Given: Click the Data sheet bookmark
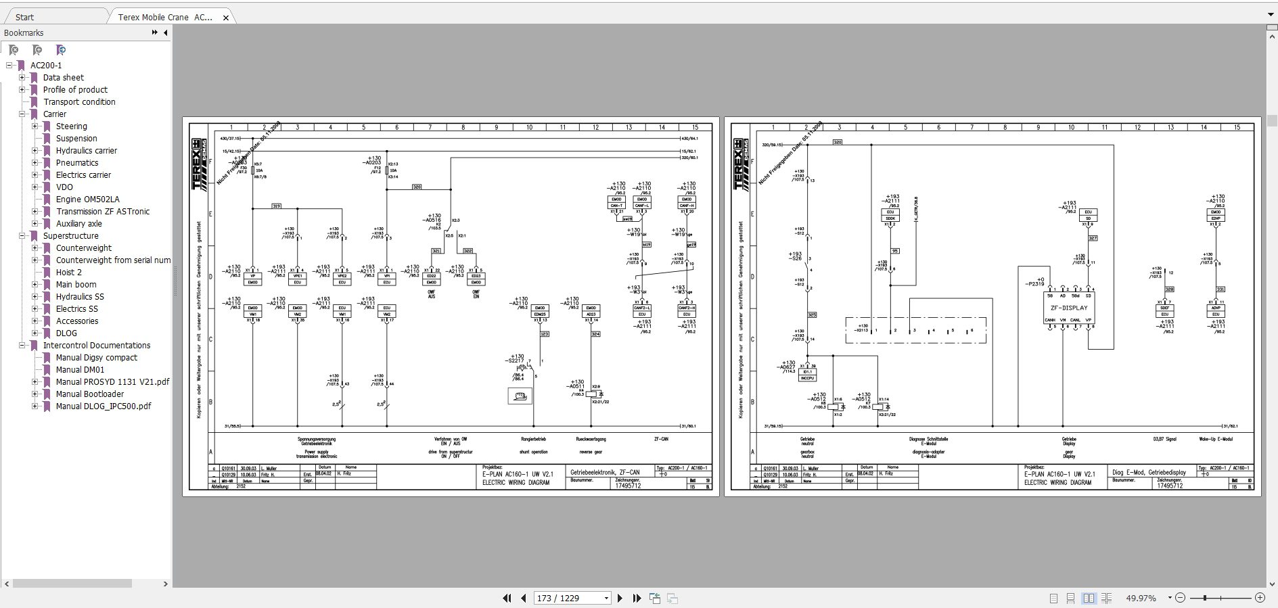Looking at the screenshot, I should pos(63,78).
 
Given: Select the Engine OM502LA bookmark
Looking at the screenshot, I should pos(87,200).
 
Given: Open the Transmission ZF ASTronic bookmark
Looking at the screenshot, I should pos(102,212).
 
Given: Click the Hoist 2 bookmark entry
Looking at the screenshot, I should pos(68,273).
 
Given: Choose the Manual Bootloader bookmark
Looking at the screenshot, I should pos(89,394).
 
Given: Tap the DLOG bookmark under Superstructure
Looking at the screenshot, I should pos(66,333).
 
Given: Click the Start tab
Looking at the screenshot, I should pos(25,17).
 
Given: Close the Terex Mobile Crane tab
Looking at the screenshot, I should pos(226,18).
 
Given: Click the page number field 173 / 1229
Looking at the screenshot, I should pos(567,598).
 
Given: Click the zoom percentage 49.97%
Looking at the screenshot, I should pos(1141,598).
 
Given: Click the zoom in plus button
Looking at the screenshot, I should pos(1260,598).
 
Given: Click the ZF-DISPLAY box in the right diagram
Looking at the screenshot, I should pos(1069,308).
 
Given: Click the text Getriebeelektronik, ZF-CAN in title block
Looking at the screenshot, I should pos(604,473).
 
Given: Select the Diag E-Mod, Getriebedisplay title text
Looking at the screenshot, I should pos(1149,473).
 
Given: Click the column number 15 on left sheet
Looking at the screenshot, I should pos(695,127).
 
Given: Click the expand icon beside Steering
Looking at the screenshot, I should pos(35,126).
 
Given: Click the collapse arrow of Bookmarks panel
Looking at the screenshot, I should pos(165,32).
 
